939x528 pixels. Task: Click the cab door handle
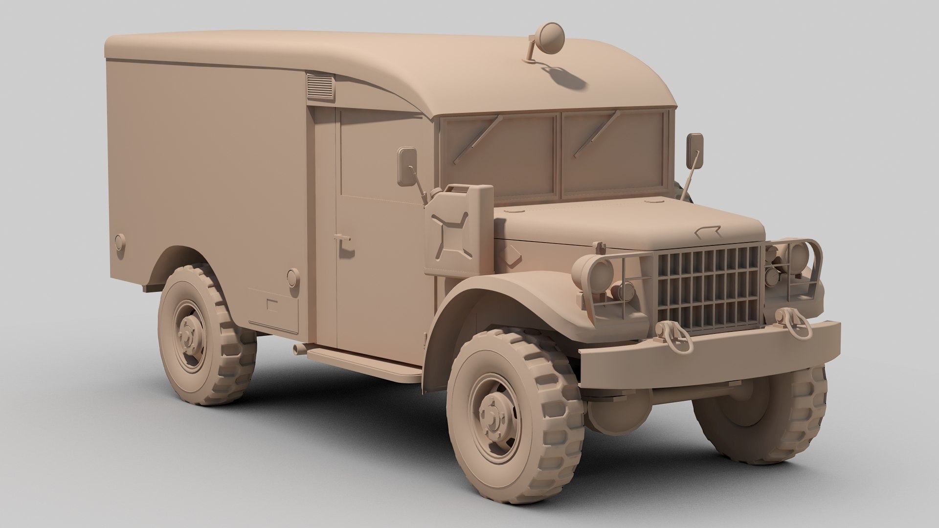(x=343, y=239)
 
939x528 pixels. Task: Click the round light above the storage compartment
(x=292, y=277)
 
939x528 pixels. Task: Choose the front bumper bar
(x=709, y=352)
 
